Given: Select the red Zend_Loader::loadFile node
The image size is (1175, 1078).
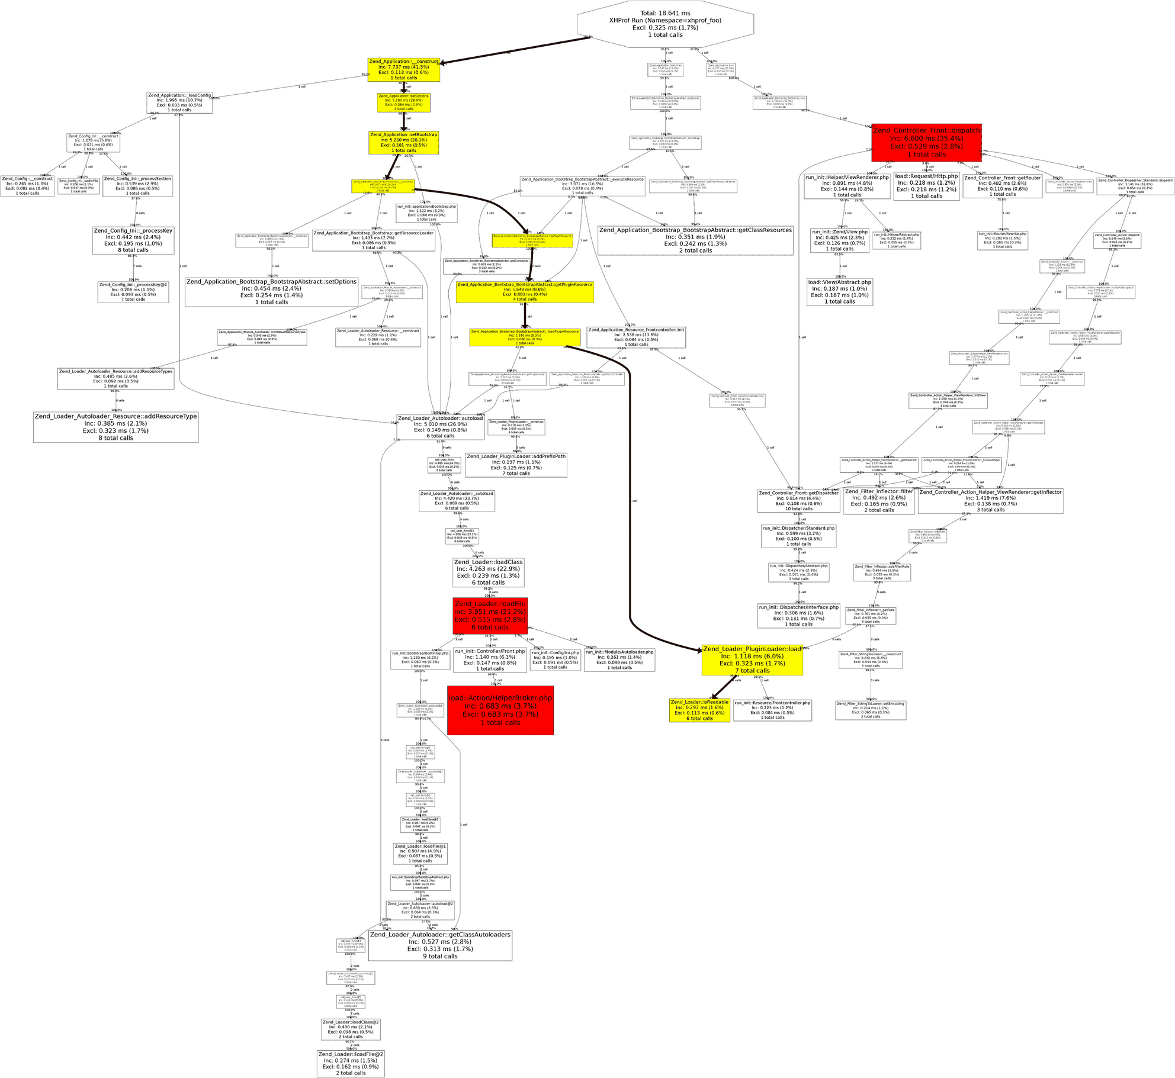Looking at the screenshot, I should [x=490, y=615].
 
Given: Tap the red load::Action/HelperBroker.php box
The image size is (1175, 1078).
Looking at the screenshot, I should [x=500, y=710].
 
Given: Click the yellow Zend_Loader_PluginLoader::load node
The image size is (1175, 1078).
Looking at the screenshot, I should [x=752, y=660].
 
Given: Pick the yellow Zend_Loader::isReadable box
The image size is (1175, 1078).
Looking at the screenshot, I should [x=699, y=710].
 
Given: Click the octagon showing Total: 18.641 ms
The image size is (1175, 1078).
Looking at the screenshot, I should [x=665, y=24].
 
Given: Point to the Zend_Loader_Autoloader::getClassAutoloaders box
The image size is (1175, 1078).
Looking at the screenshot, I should [x=440, y=945].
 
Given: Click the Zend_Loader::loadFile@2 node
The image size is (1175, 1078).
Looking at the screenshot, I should [x=351, y=1063].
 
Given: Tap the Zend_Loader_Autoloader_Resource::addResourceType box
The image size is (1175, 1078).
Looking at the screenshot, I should [x=115, y=427].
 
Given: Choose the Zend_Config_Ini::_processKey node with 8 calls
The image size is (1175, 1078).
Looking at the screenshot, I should [x=133, y=240].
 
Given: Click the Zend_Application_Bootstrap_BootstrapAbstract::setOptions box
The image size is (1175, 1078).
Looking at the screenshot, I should [x=271, y=292].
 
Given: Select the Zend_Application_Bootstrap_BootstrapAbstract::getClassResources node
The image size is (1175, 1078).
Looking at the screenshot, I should [x=695, y=240].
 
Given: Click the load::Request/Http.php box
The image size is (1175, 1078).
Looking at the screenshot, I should [x=926, y=186].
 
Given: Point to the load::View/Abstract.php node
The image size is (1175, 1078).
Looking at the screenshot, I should [x=839, y=292].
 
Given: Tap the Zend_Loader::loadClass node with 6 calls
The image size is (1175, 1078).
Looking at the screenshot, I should [x=488, y=572].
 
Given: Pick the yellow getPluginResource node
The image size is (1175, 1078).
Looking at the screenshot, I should [x=525, y=292].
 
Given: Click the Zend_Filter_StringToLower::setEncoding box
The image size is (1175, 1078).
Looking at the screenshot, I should [x=871, y=710].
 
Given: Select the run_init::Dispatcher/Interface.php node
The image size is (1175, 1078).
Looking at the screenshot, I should [x=798, y=615].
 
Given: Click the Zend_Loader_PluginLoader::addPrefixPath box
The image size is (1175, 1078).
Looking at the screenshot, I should [x=516, y=465].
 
